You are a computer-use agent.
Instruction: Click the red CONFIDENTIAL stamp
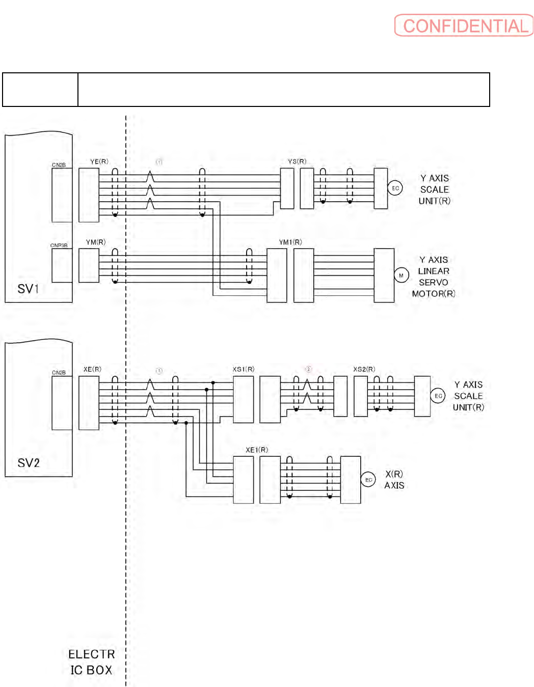[x=464, y=25]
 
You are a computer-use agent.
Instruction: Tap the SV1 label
[x=28, y=289]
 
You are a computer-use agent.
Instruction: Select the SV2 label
[x=29, y=463]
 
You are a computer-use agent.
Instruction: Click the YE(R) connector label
[x=99, y=161]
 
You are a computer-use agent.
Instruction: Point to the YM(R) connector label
[x=96, y=242]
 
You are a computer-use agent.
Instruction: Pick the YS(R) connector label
[x=297, y=161]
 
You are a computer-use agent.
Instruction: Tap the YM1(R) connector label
[x=290, y=242]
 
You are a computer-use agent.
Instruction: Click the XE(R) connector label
[x=92, y=369]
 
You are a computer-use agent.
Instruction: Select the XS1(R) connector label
[x=244, y=369]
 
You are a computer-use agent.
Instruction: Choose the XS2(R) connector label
[x=364, y=369]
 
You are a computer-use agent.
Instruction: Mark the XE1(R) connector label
[x=257, y=450]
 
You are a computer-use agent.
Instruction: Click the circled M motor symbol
[x=402, y=276]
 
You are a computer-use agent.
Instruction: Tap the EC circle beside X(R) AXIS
[x=368, y=480]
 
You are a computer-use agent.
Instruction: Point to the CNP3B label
[x=59, y=245]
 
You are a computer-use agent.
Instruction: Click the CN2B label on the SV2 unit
[x=59, y=373]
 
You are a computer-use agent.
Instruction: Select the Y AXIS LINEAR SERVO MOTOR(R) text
[x=434, y=277]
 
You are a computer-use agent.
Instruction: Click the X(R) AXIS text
[x=394, y=480]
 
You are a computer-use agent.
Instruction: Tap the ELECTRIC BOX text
[x=91, y=662]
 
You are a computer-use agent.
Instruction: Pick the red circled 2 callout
[x=308, y=369]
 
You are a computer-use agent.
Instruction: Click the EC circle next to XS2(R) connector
[x=438, y=396]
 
